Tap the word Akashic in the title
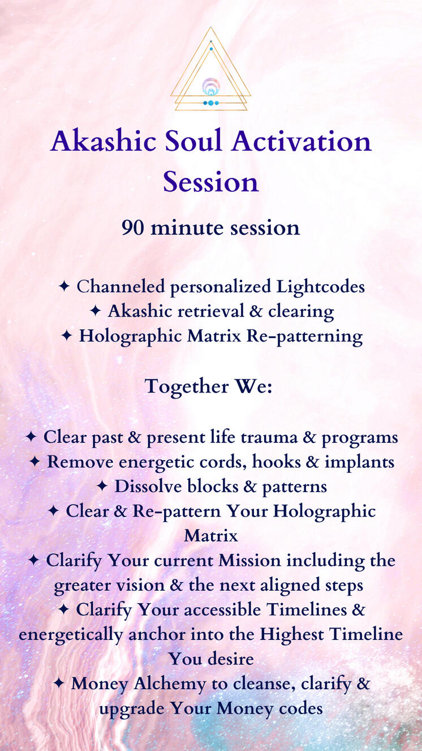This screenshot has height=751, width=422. point(104,141)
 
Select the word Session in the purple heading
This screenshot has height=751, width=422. point(211,182)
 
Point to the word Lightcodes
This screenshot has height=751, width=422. point(321,287)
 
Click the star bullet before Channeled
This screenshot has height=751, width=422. point(64,287)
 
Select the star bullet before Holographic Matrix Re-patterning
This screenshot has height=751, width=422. point(67,336)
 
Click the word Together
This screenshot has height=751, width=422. point(187,387)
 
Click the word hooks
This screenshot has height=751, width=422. point(276,462)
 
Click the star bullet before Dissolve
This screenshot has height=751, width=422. point(102,487)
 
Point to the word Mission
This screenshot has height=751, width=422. point(249,561)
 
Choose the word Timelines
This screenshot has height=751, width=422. point(307,610)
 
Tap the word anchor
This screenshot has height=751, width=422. point(157,635)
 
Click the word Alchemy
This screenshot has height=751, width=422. point(170,684)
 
